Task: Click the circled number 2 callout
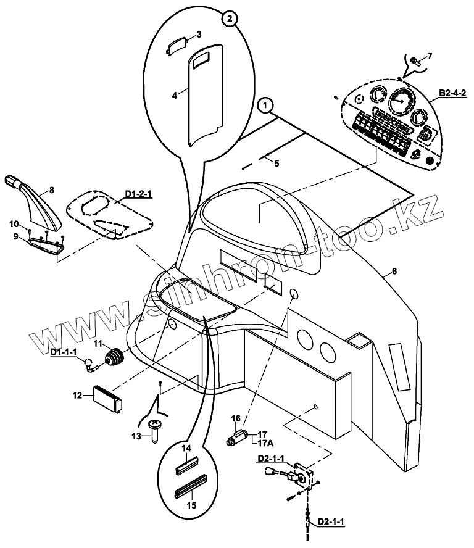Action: click(229, 19)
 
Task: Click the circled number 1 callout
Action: click(265, 106)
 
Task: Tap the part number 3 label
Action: click(199, 34)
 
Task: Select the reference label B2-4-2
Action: click(452, 93)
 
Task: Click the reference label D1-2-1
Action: click(138, 194)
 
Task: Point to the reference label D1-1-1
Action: click(63, 352)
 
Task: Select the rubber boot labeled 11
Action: click(114, 358)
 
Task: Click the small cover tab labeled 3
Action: click(179, 46)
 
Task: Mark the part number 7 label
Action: click(430, 56)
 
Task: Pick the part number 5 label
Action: click(276, 164)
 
